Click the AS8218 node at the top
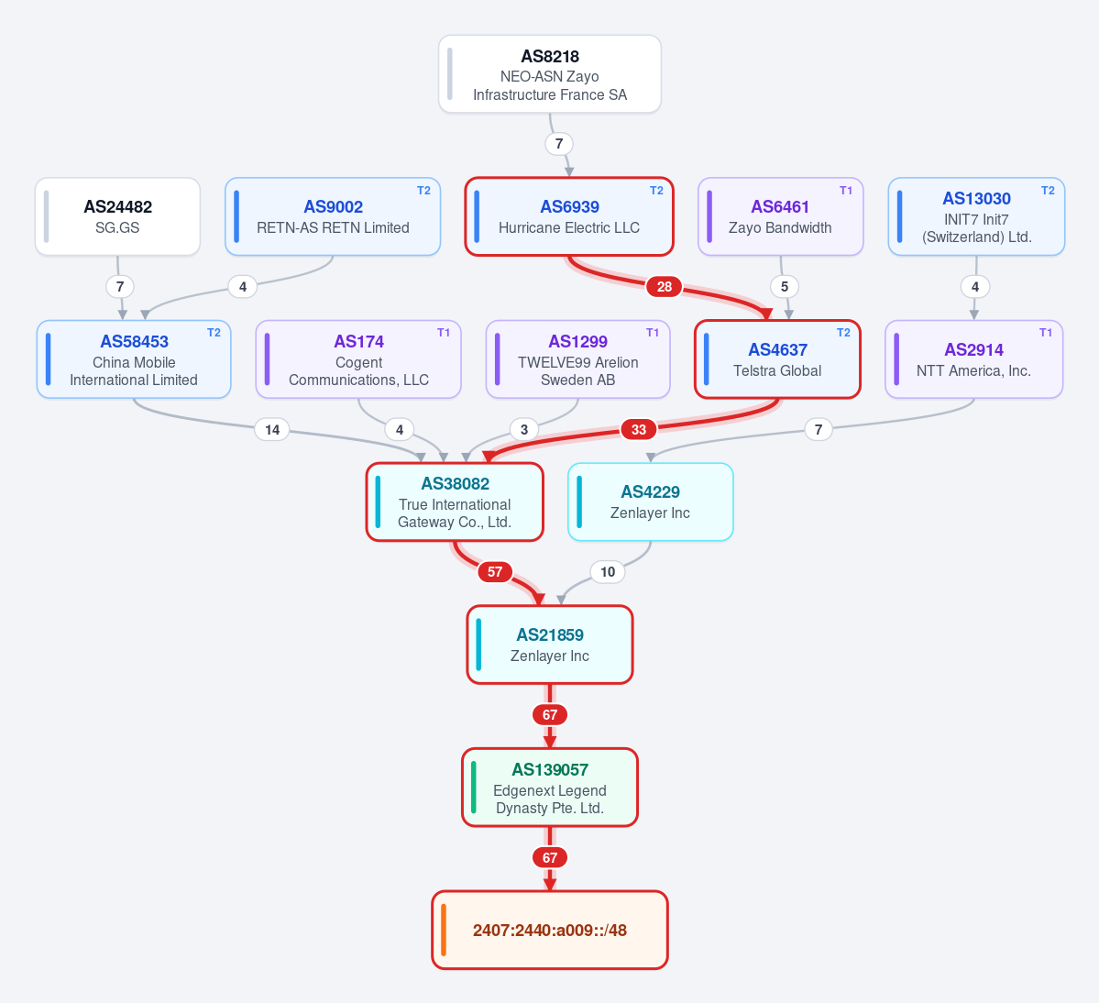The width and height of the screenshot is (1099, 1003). tap(550, 74)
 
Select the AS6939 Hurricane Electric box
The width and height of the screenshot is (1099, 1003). tap(569, 216)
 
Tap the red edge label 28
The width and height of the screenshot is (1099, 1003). tap(664, 287)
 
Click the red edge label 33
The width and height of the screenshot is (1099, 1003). tap(639, 430)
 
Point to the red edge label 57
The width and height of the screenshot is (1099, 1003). tap(495, 572)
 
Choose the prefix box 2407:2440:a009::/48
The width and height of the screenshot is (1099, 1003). tap(550, 930)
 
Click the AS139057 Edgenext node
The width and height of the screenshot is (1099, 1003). tap(550, 788)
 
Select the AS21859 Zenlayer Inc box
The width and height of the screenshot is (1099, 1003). tap(550, 645)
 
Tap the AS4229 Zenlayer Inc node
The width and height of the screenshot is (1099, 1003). tap(651, 501)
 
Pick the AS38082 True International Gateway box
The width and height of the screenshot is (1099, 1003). tap(455, 501)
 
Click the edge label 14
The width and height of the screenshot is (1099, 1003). tap(272, 430)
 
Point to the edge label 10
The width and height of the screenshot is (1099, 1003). tap(608, 572)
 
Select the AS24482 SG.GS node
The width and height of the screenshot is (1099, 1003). tap(117, 216)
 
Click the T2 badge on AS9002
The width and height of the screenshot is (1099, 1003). tap(423, 191)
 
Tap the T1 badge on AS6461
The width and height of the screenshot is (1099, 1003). tap(846, 191)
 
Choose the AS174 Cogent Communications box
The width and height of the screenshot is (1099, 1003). tap(358, 359)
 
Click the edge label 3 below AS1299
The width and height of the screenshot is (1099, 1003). tap(523, 430)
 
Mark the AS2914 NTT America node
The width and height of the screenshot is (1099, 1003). tap(973, 359)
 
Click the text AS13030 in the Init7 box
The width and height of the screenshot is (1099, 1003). tap(976, 199)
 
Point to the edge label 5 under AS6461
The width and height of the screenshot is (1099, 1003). tap(785, 287)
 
